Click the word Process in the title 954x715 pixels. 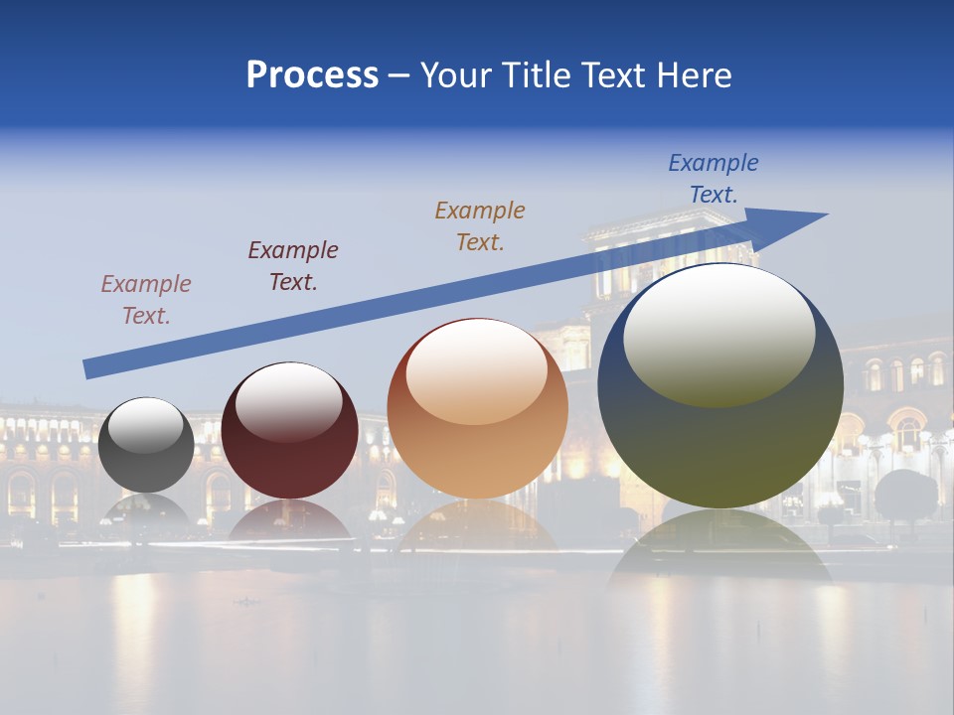point(312,75)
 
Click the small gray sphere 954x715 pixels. point(146,446)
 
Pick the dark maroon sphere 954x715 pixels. point(289,432)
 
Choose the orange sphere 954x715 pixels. point(477,409)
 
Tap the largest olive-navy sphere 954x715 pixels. point(720,387)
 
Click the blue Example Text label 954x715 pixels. point(713,179)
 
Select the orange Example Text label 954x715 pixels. point(479,225)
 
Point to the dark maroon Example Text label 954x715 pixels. point(292,265)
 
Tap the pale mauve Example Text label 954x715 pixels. point(145,299)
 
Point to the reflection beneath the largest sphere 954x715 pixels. point(720,546)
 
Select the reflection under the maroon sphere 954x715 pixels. point(289,521)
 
